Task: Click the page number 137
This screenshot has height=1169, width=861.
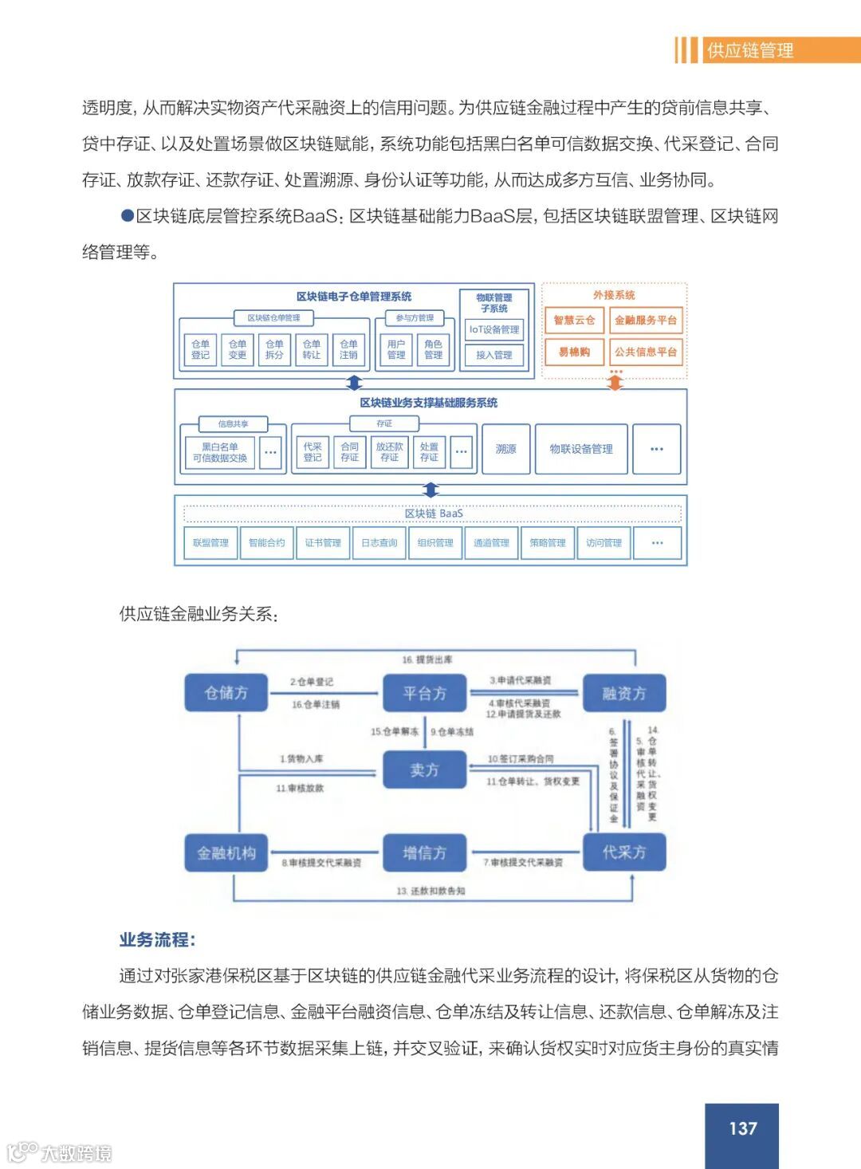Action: (x=742, y=1128)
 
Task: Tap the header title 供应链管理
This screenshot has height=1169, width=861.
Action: (x=749, y=51)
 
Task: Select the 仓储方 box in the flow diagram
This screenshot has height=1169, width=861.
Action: (x=226, y=693)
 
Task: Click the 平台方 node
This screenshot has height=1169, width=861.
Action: (x=424, y=693)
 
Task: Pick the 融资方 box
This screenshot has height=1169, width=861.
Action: (x=623, y=693)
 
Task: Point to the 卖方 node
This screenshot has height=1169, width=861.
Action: (x=424, y=769)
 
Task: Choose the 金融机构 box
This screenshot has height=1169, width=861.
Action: (x=226, y=852)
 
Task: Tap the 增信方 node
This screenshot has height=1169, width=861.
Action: (x=424, y=852)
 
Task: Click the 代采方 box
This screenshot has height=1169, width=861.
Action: (x=623, y=852)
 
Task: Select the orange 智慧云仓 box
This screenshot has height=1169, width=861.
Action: (x=574, y=321)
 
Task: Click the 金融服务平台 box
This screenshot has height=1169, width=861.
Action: (x=646, y=321)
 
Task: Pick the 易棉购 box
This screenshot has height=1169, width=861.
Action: (x=574, y=352)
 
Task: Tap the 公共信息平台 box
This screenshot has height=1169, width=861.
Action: (x=646, y=352)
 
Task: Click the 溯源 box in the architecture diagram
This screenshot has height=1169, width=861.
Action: (x=506, y=449)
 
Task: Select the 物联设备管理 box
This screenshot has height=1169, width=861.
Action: (x=581, y=449)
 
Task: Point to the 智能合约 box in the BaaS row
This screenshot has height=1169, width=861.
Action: (x=266, y=543)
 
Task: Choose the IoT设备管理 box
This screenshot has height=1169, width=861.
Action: (x=493, y=329)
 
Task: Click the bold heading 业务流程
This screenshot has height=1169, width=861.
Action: (x=157, y=939)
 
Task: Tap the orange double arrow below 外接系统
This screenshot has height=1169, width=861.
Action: (x=615, y=383)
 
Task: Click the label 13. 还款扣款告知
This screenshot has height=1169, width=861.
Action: (x=431, y=891)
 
